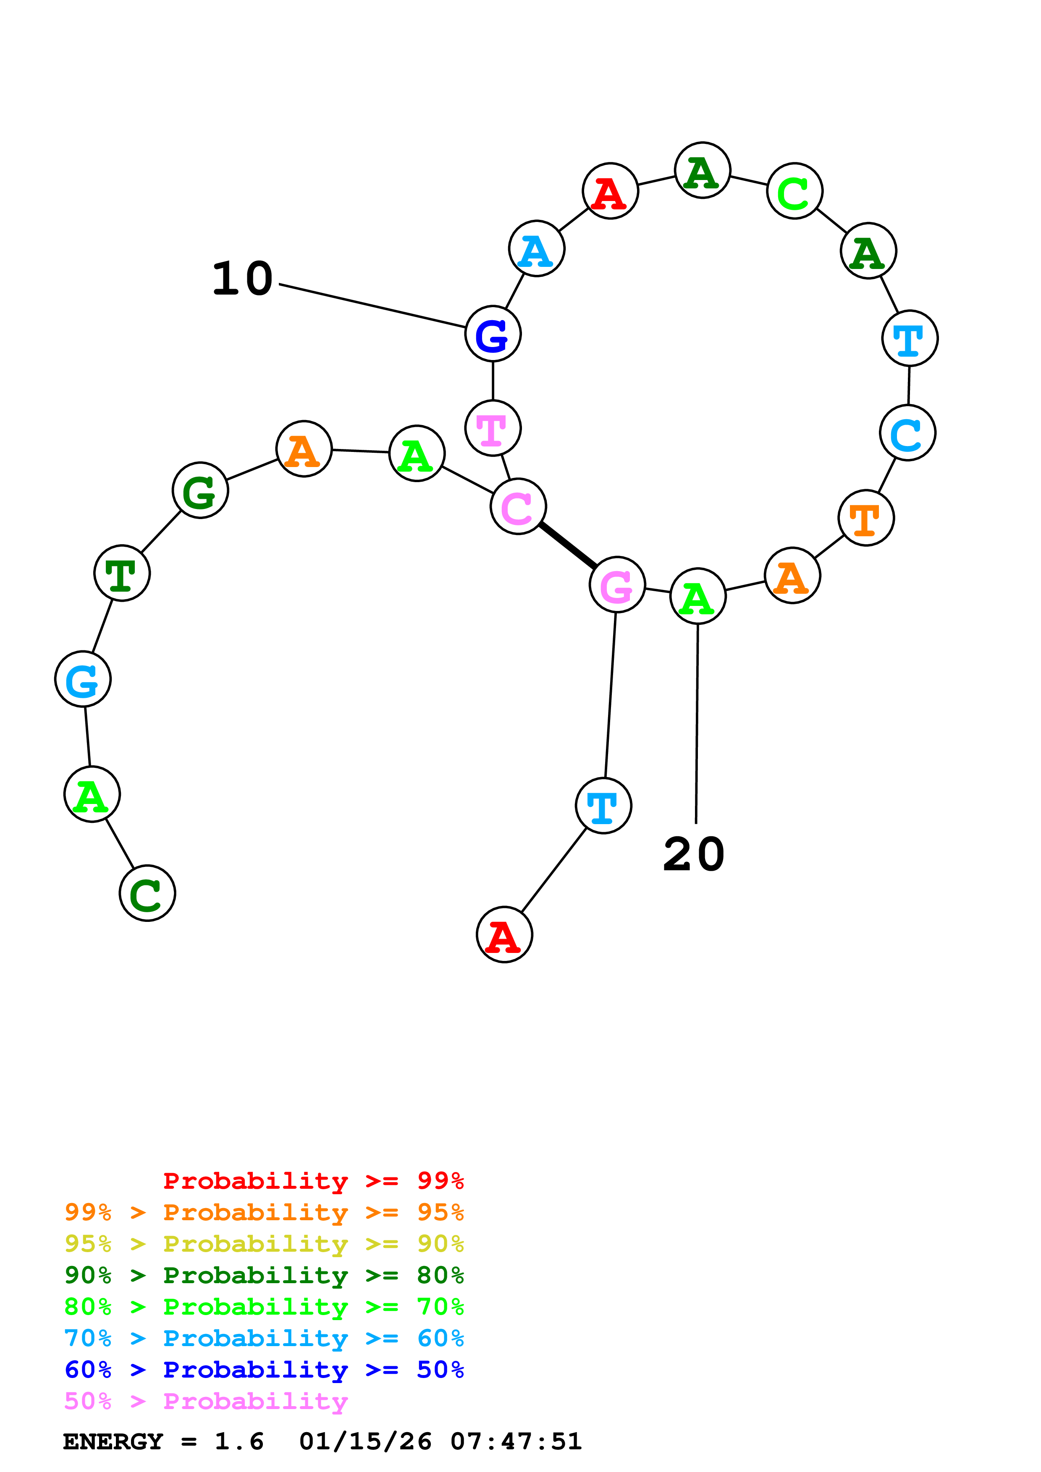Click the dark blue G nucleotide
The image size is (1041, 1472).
493,334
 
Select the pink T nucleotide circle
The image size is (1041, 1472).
493,428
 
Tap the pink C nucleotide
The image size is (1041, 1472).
518,506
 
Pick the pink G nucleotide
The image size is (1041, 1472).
617,585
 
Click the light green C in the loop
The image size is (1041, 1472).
795,191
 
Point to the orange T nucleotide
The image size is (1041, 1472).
866,518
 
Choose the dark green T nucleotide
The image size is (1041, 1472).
122,573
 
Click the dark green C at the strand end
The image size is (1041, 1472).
147,893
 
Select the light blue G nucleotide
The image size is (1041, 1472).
83,679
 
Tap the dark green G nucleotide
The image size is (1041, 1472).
200,491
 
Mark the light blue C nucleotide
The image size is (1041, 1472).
907,433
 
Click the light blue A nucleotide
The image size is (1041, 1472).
537,249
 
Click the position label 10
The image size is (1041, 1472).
242,279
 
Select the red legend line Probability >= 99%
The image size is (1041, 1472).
313,1181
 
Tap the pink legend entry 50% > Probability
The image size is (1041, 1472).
206,1402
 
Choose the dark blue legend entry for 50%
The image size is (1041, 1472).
264,1370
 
